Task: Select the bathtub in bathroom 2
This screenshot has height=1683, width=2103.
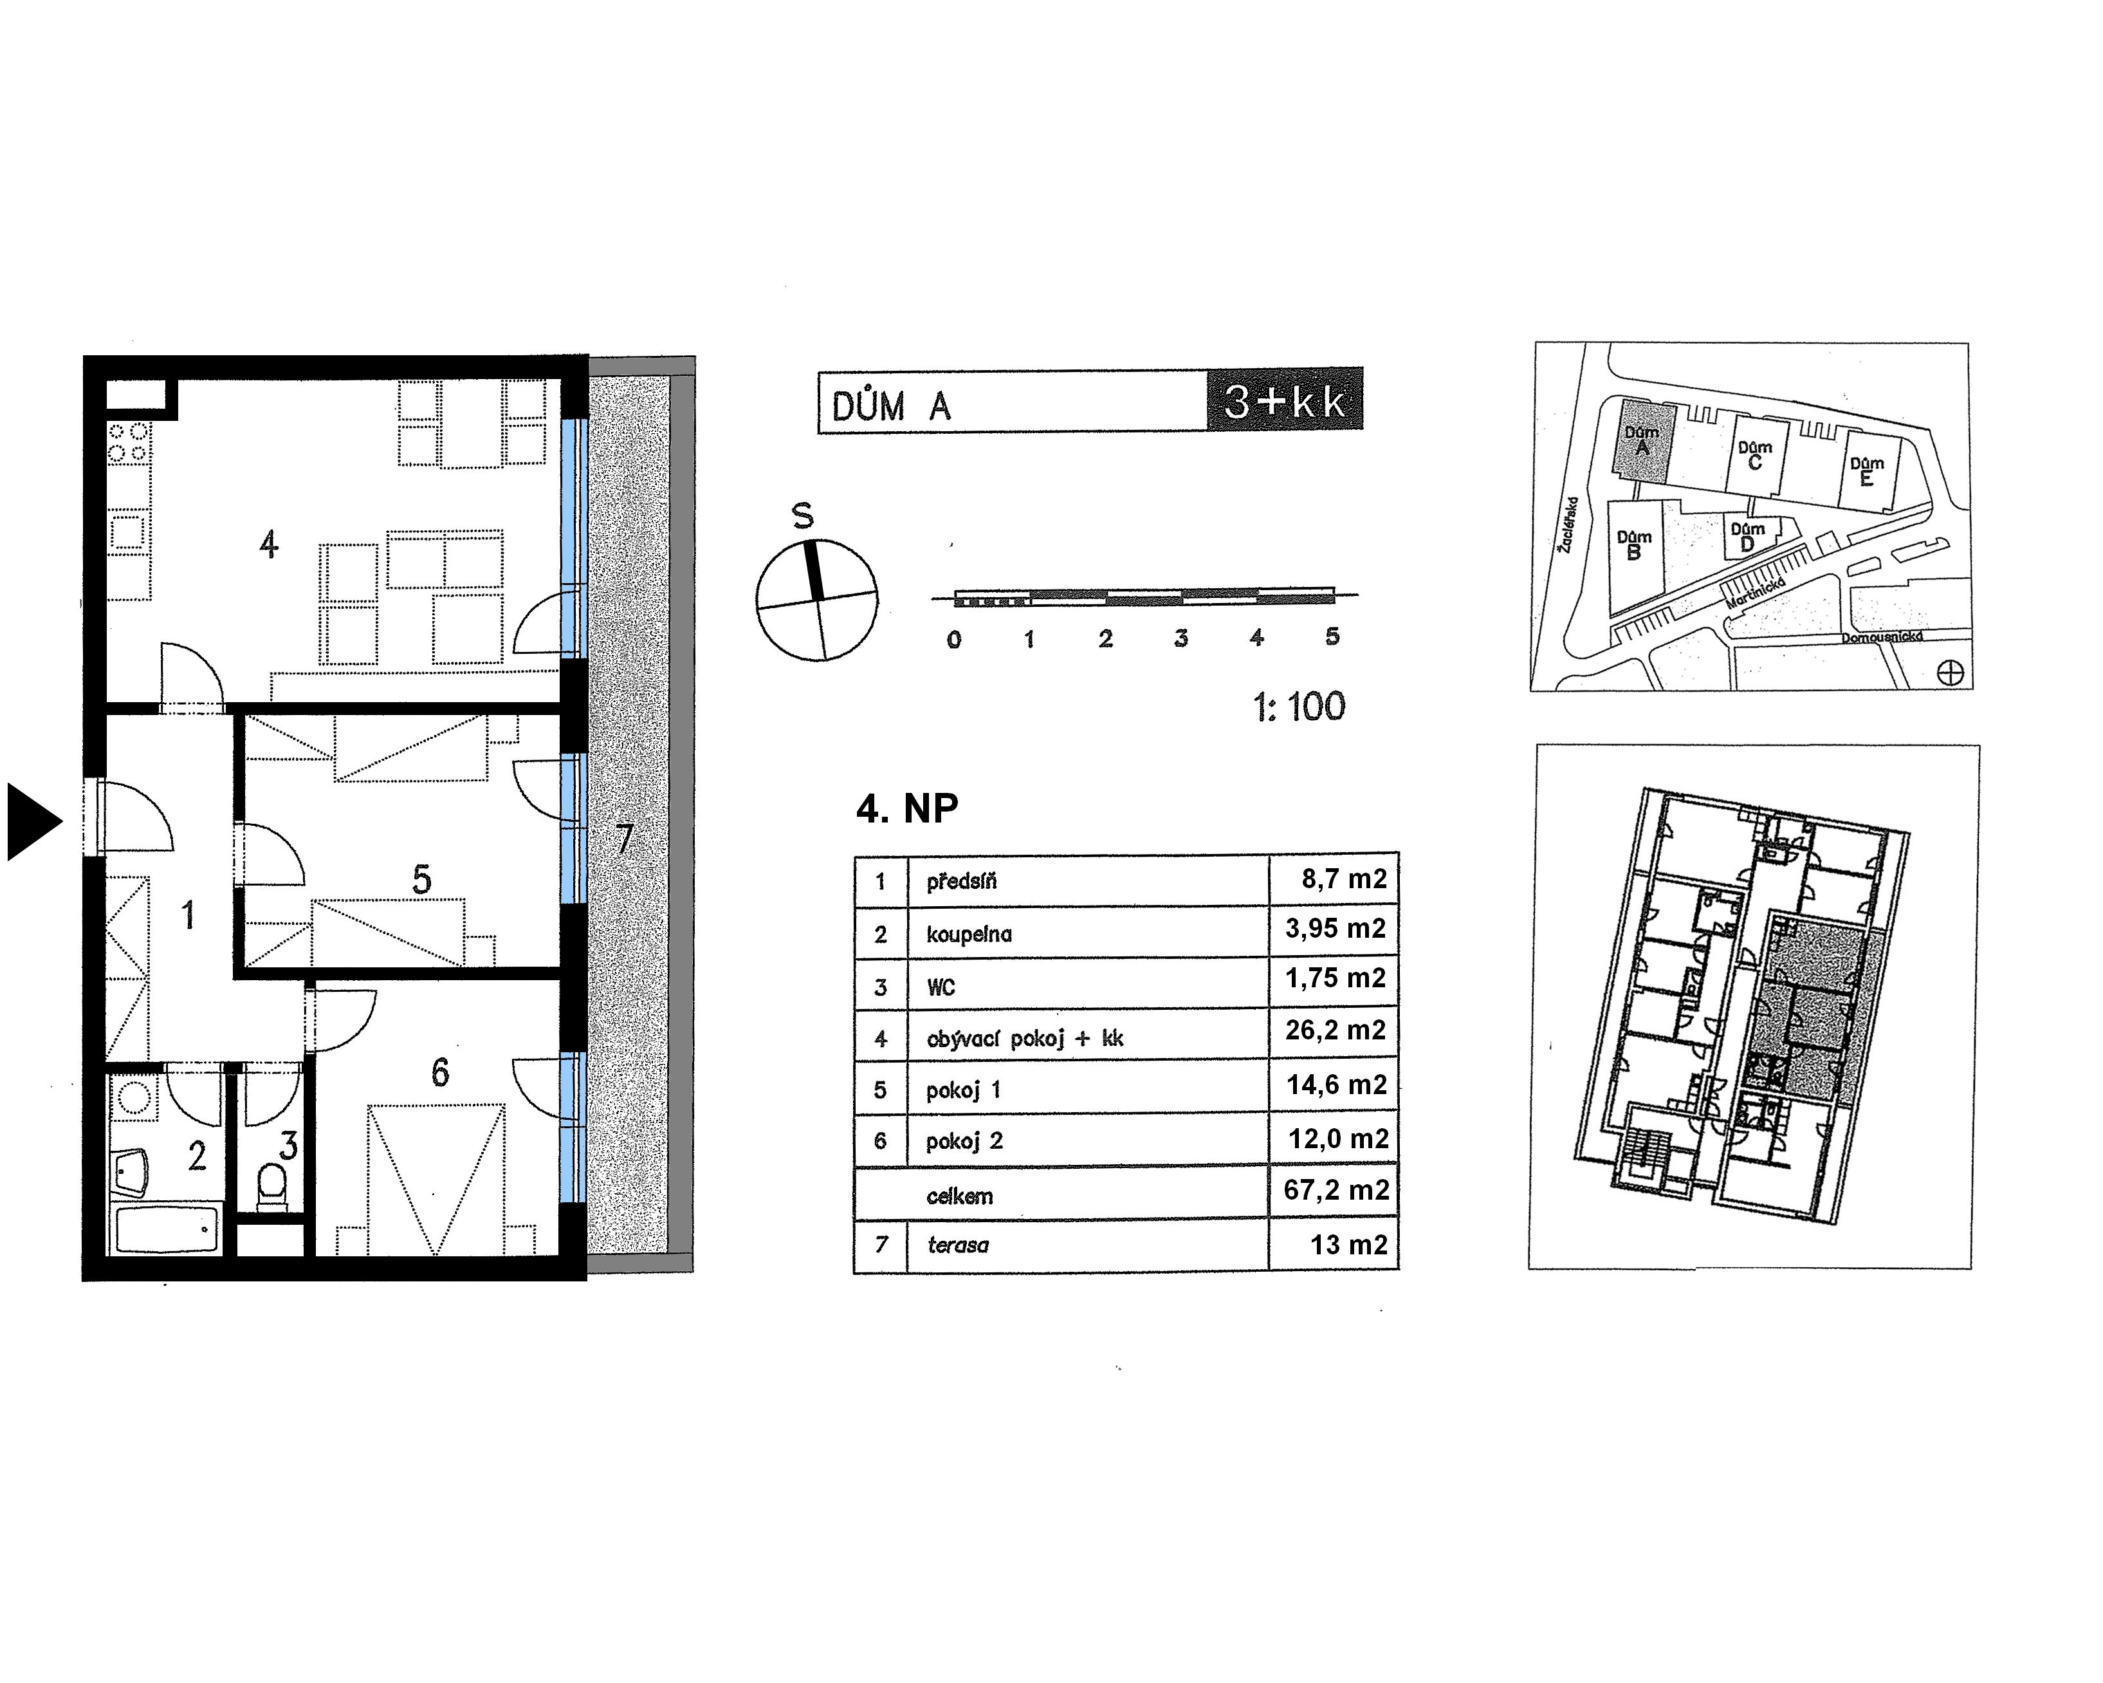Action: click(x=167, y=1231)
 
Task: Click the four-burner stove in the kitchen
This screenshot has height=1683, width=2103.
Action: click(x=129, y=441)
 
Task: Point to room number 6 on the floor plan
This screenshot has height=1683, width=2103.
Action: click(x=440, y=1074)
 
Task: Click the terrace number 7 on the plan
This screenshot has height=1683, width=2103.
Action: click(x=624, y=839)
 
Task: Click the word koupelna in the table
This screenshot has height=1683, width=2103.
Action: click(x=969, y=934)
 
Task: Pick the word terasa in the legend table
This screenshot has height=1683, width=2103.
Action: click(x=958, y=1245)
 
